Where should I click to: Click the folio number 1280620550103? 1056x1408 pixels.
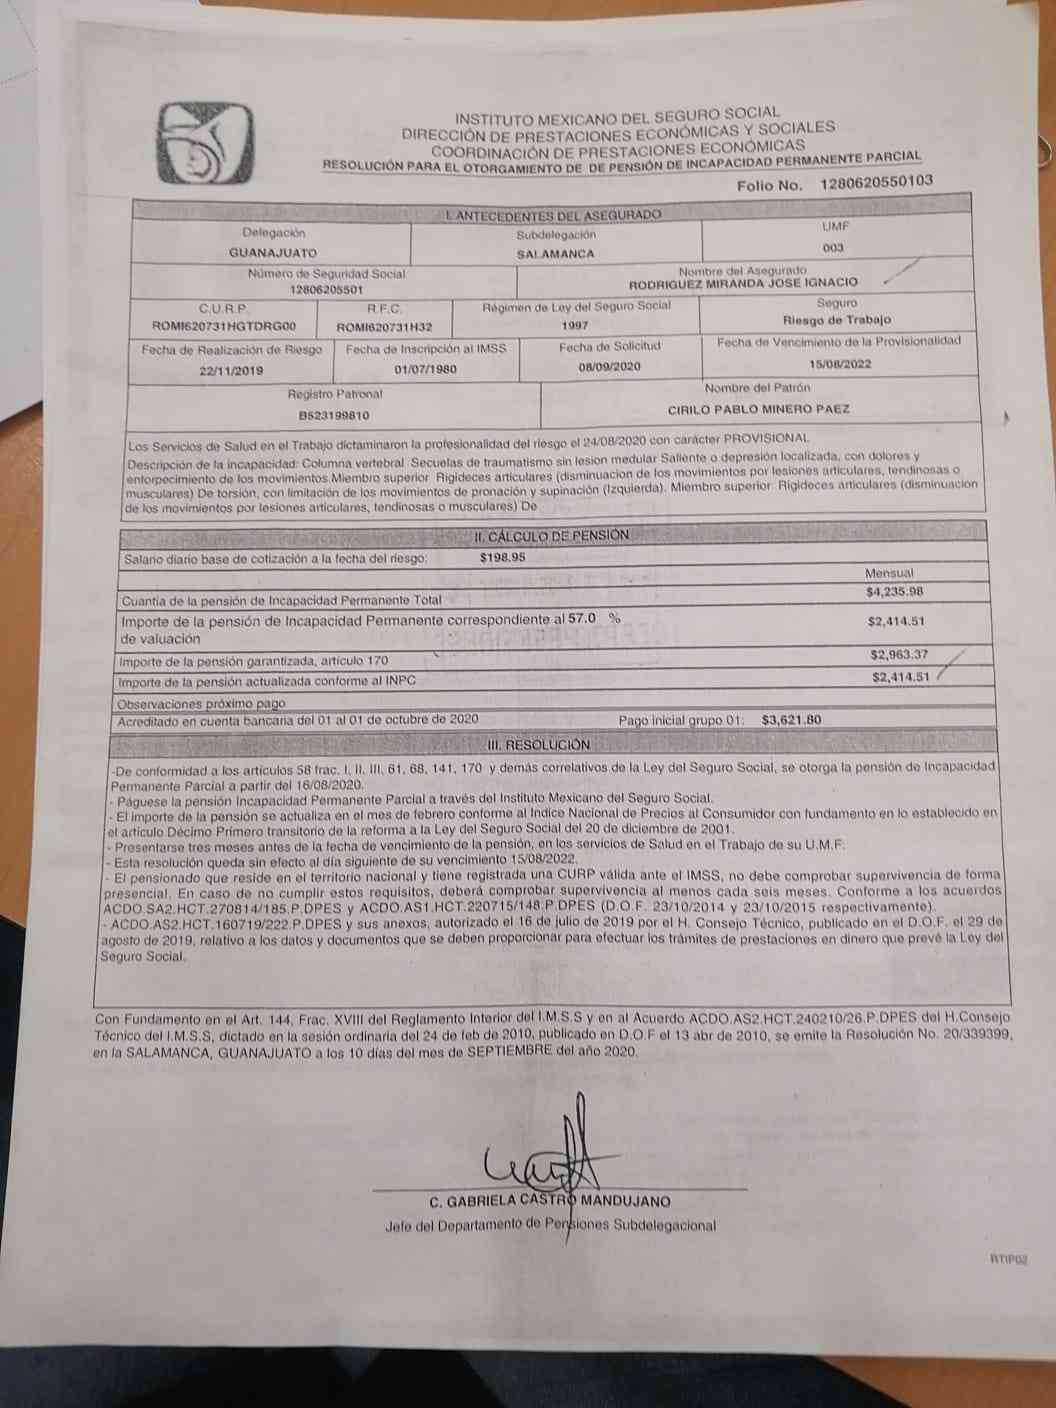tap(876, 182)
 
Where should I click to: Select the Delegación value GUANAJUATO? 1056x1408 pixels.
tap(273, 253)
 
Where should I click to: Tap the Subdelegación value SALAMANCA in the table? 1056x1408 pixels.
tap(556, 254)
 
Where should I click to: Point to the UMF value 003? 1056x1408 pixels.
tap(833, 247)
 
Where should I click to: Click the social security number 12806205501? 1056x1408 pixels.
tap(326, 289)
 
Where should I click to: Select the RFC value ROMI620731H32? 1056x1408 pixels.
tap(384, 326)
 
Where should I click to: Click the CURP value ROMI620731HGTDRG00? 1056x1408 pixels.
tap(224, 326)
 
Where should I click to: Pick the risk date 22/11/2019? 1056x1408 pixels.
tap(231, 369)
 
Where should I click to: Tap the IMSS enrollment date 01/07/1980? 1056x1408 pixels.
tap(425, 368)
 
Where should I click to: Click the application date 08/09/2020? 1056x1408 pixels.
tap(609, 366)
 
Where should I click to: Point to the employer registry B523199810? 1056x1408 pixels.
tap(334, 414)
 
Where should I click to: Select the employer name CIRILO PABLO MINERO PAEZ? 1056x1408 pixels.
tap(759, 409)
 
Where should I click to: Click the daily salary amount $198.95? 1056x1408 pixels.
tap(502, 558)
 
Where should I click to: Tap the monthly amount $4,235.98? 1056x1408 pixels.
tap(895, 592)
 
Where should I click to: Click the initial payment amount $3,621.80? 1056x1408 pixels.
tap(791, 719)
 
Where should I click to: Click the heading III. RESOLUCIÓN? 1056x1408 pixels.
tap(538, 745)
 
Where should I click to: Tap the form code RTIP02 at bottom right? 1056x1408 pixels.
tap(1009, 1260)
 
